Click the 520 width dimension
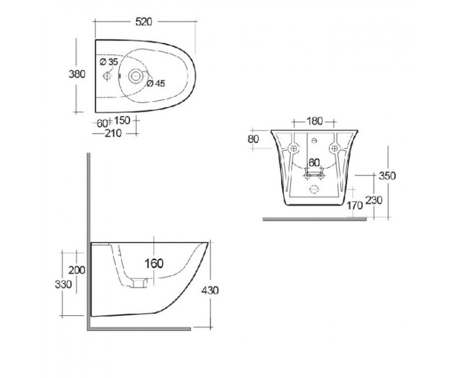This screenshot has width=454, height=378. point(143,22)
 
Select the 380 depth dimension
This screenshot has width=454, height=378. point(77,74)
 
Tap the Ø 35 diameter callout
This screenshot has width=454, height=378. point(109,62)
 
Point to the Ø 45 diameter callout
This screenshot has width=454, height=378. point(156,83)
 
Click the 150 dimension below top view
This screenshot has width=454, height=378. point(122,120)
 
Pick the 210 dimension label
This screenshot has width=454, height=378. point(113,133)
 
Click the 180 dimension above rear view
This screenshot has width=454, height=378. point(314,121)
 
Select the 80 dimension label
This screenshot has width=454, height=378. point(253,139)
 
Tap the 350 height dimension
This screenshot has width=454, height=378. point(387,176)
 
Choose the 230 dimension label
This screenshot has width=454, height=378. point(374,200)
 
